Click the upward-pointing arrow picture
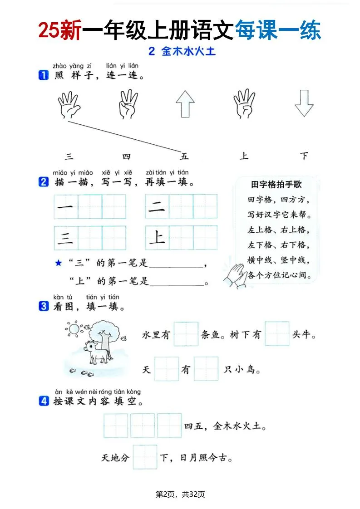(185, 104)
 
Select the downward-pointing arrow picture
(304, 104)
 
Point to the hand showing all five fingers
(69, 105)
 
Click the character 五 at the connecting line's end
(184, 157)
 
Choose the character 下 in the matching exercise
(304, 157)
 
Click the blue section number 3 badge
(44, 307)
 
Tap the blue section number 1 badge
(44, 76)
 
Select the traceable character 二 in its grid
(157, 207)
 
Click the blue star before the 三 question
(58, 263)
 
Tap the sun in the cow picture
(73, 328)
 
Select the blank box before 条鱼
(186, 334)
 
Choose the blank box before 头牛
(277, 334)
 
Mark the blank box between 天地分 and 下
(145, 457)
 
